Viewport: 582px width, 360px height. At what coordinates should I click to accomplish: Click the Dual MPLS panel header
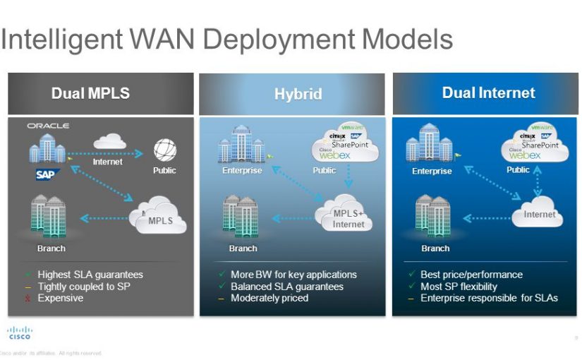point(100,93)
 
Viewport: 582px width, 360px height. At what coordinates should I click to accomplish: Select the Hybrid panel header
point(298,94)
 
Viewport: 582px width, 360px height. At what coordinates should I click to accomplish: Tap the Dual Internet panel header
point(488,93)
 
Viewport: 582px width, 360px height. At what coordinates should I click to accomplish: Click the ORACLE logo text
point(48,126)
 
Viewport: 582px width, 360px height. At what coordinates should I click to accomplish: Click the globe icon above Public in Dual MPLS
point(164,150)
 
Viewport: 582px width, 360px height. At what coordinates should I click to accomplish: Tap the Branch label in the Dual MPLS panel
point(51,248)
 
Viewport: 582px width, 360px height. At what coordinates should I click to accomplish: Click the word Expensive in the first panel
point(60,298)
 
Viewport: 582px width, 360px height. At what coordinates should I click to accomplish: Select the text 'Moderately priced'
point(269,298)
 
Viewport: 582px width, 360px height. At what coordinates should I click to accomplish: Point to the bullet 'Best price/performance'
point(471,275)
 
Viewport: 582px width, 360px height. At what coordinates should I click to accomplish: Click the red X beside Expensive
point(28,299)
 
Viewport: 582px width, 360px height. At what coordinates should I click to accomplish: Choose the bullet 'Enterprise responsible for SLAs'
point(488,298)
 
